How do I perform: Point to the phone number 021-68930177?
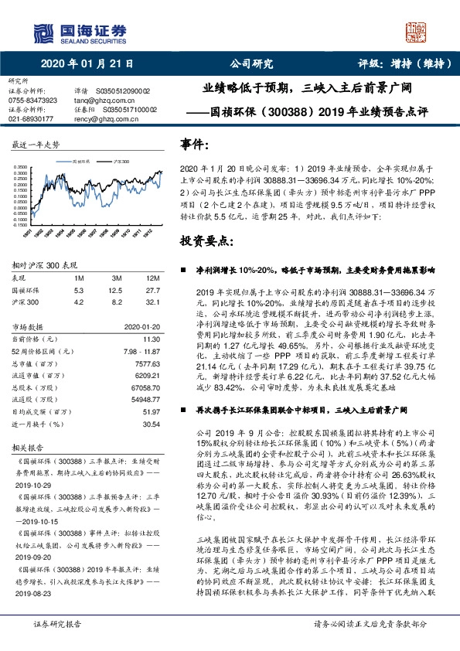(31, 119)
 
